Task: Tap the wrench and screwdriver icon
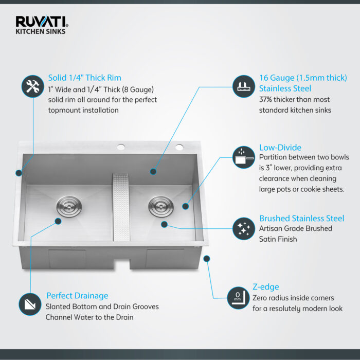32,87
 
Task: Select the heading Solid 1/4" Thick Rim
85,78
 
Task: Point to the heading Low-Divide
280,147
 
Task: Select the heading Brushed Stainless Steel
301,218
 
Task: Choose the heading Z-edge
266,287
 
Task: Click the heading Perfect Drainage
77,296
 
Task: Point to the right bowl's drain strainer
158,206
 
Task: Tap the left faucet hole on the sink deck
121,148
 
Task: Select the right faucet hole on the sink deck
179,148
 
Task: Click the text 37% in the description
266,99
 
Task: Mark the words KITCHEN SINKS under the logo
40,31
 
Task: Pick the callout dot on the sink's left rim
19,173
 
